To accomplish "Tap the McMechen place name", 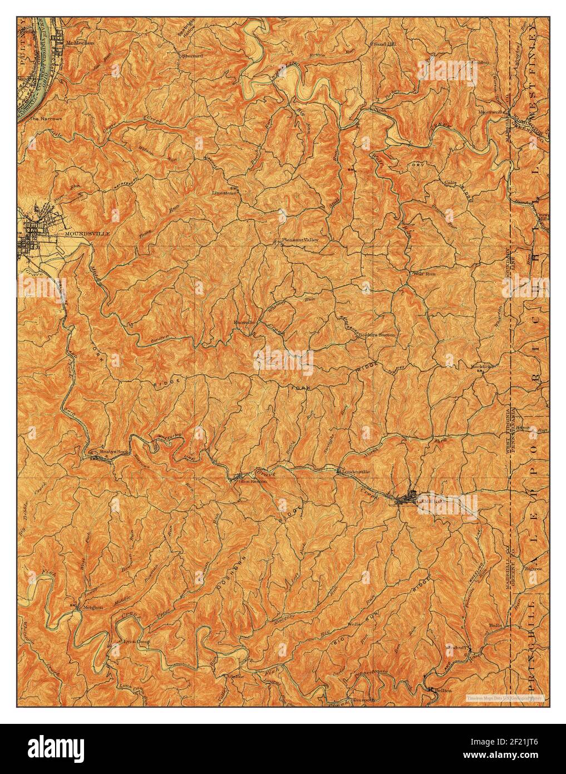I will [80, 42].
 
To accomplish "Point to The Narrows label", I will [46, 119].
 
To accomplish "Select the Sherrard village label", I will [192, 56].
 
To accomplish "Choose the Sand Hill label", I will [384, 43].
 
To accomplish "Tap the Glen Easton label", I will [253, 482].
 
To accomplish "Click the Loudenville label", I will [355, 471].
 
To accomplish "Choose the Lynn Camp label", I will [136, 641].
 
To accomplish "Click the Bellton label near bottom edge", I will [443, 690].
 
